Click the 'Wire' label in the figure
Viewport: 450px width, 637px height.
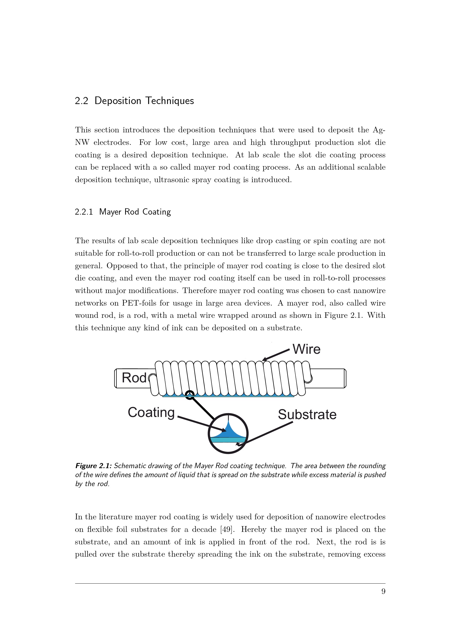coord(306,349)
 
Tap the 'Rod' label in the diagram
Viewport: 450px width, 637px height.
coord(134,378)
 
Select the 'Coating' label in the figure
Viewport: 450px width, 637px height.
coord(151,413)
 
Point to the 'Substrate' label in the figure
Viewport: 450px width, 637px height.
coord(307,415)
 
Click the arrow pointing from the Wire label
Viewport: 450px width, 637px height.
coord(276,355)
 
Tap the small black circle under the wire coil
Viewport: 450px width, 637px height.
coord(190,395)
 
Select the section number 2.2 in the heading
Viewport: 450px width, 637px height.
coord(81,101)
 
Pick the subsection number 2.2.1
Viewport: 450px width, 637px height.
coord(84,212)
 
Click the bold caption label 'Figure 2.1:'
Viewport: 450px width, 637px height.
coord(93,466)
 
